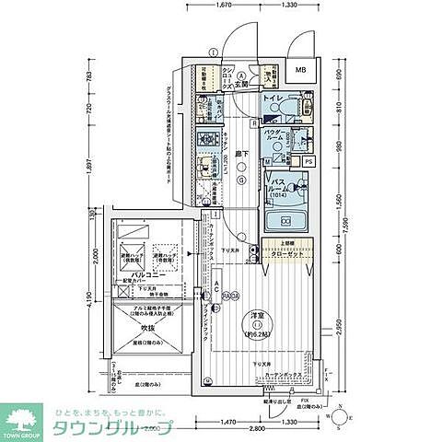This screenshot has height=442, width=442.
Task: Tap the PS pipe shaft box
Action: [x=308, y=161]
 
